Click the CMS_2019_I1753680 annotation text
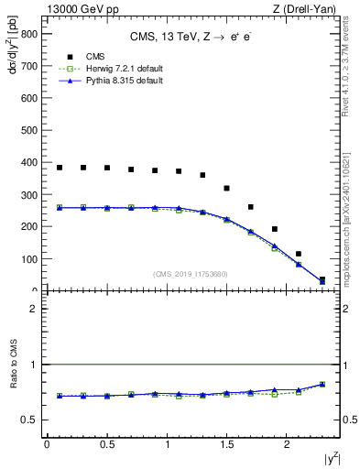(x=191, y=274)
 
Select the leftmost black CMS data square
(x=60, y=168)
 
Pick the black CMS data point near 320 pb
(x=226, y=188)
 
